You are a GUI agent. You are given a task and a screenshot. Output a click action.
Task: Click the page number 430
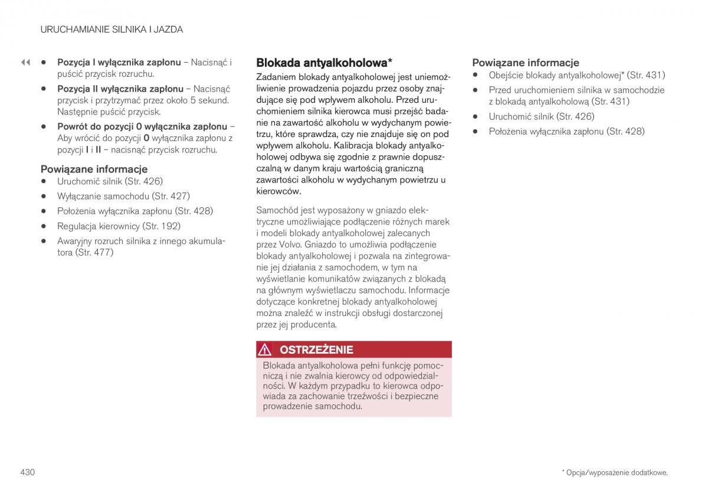pos(27,472)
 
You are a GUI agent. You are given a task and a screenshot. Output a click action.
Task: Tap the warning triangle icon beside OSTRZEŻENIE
pos(265,350)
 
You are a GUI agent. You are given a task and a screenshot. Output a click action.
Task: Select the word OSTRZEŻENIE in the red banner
pos(316,350)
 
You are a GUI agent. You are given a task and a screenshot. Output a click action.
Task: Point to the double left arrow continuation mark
pos(25,62)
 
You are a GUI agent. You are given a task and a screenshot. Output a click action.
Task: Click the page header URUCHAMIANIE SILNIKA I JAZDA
pos(112,29)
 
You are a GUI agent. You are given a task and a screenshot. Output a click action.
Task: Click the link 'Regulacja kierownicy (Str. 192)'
pos(119,226)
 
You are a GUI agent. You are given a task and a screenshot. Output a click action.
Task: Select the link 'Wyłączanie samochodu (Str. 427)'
pos(123,196)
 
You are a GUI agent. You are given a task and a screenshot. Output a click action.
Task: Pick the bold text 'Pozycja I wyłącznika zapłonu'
pos(119,62)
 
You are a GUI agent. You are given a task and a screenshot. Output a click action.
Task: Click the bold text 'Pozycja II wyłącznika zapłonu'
pos(120,89)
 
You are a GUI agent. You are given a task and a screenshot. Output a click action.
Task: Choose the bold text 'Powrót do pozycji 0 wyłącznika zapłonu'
pos(142,126)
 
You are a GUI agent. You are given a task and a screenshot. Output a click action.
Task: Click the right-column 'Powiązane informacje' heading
pos(525,62)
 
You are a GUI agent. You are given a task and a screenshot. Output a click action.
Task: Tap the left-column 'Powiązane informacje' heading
pos(94,169)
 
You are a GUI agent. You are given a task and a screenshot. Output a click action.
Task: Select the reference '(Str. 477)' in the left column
pos(94,252)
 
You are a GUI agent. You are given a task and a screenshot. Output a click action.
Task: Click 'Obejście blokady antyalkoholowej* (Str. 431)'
pos(576,75)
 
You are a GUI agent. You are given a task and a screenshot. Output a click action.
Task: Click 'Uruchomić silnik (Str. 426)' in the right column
pos(541,116)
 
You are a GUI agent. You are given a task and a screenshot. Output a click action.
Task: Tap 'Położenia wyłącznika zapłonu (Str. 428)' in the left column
pos(135,211)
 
